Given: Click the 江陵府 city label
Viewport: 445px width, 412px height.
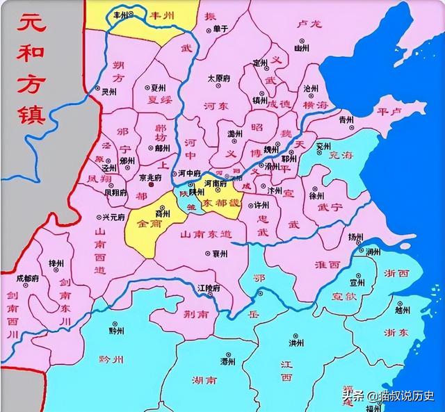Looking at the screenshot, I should (x=209, y=288).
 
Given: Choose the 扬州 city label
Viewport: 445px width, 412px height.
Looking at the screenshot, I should (x=356, y=237).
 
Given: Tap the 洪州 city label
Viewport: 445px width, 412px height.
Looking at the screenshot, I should (x=296, y=343).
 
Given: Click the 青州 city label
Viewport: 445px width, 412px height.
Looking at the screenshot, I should (x=346, y=120).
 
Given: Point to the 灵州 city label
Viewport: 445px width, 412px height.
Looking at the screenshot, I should (x=109, y=92).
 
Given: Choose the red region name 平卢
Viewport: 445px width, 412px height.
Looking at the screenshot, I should (x=389, y=111).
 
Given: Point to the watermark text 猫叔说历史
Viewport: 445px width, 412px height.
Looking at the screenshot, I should (x=406, y=397).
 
